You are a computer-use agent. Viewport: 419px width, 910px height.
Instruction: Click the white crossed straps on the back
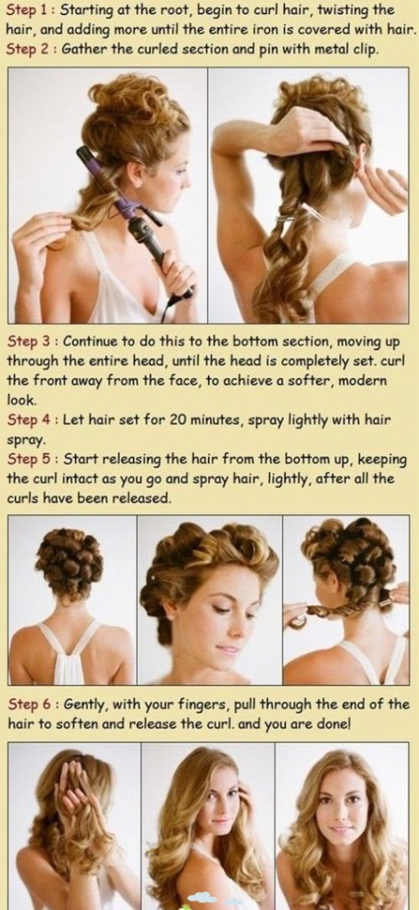pos(70,648)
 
